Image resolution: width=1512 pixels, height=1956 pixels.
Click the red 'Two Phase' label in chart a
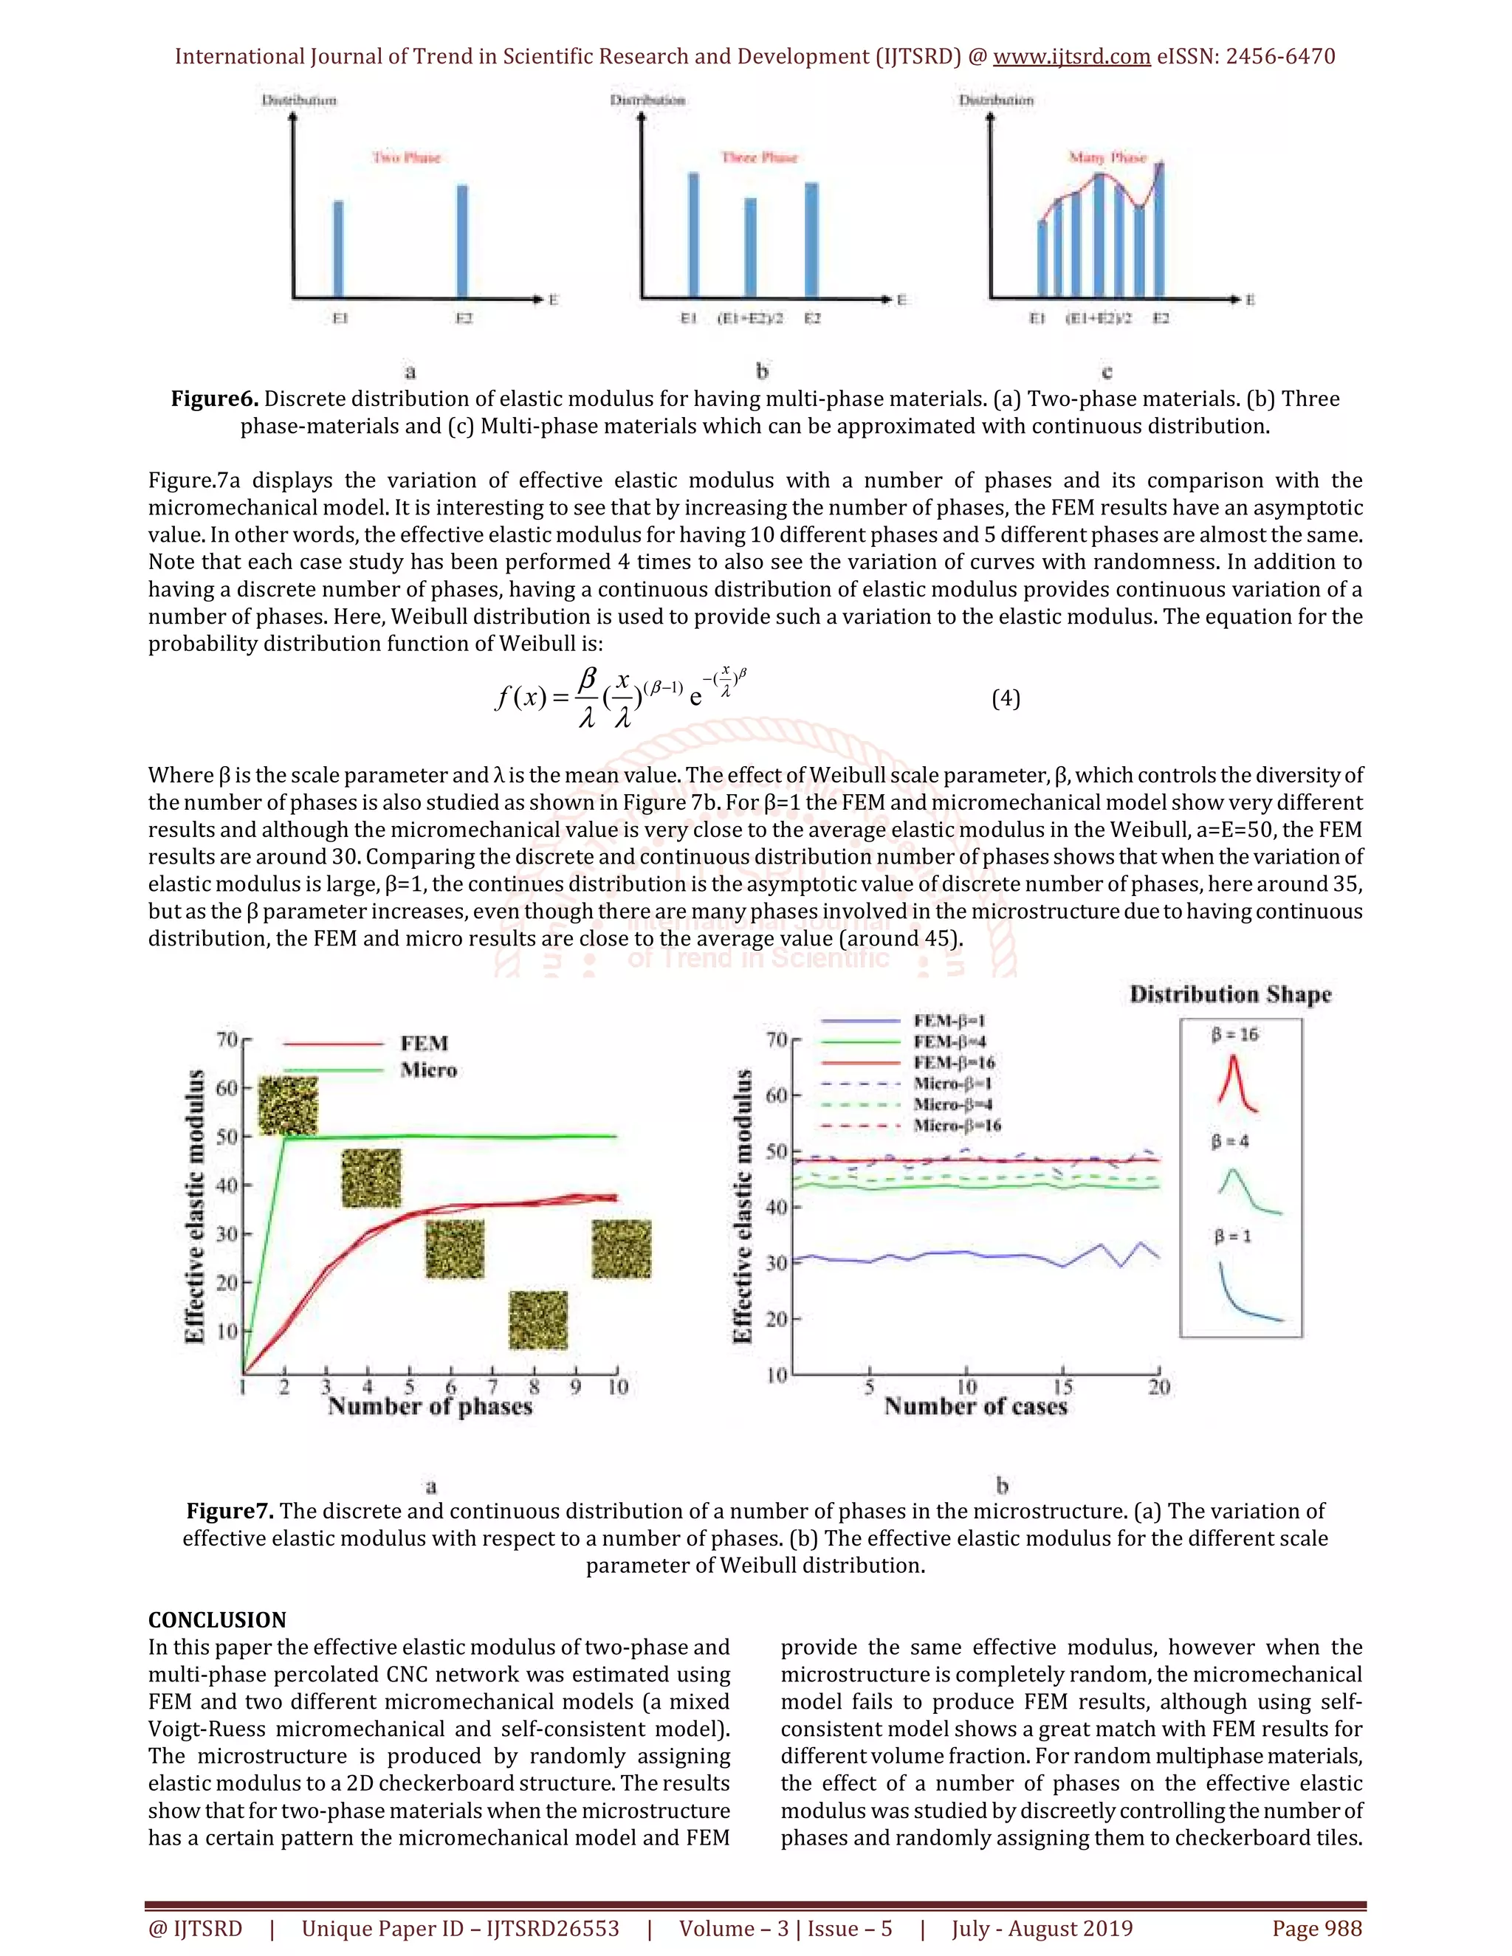(x=407, y=158)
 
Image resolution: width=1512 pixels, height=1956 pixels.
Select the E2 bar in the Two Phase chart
(x=462, y=240)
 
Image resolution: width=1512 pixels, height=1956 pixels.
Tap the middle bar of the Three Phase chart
(x=751, y=247)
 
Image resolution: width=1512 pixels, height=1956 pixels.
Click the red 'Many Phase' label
(x=1107, y=158)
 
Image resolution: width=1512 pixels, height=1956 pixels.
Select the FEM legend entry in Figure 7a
(x=424, y=1044)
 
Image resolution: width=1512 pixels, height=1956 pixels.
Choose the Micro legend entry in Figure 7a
(x=428, y=1070)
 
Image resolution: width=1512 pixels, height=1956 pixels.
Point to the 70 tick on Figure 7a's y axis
(x=227, y=1039)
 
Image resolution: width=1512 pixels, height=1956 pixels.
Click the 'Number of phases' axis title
(x=430, y=1406)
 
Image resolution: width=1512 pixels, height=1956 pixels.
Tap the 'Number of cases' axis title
(x=975, y=1406)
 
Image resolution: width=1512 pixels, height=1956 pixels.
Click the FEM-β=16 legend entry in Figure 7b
(x=953, y=1062)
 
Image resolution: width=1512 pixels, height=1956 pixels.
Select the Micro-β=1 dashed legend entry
(x=952, y=1083)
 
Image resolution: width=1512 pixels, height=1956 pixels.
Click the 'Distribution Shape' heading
(x=1230, y=994)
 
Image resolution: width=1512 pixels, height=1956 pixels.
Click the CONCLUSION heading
(x=217, y=1619)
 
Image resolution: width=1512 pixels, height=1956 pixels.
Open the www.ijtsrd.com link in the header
(x=1071, y=56)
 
